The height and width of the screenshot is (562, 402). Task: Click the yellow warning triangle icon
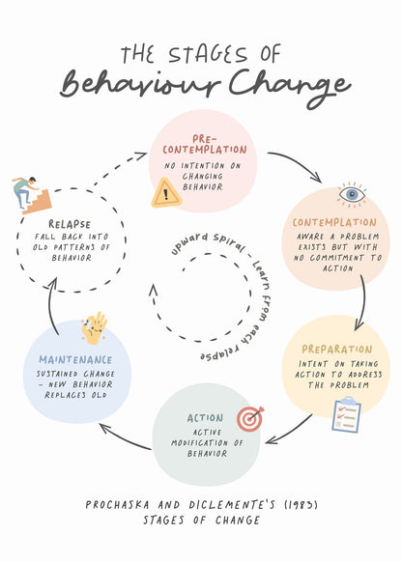point(166,193)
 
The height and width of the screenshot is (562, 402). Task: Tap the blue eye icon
point(352,195)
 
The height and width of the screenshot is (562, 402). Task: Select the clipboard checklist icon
point(346,414)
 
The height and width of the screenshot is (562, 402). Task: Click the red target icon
point(250,419)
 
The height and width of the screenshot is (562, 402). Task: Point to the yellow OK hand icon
point(95,328)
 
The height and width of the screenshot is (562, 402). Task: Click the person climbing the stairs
point(32,195)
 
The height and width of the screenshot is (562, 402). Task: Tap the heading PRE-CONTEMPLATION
point(205,145)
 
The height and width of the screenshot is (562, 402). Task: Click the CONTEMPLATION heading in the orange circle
point(334,222)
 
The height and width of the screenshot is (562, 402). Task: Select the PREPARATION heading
point(336,350)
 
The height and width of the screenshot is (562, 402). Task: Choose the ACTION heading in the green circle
point(205,418)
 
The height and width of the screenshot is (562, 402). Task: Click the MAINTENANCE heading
point(75,359)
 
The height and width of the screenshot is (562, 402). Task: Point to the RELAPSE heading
point(70,224)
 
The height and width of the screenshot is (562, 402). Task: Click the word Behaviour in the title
point(140,84)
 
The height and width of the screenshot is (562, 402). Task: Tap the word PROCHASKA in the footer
point(117,505)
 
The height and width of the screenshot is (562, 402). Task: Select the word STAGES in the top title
point(208,54)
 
